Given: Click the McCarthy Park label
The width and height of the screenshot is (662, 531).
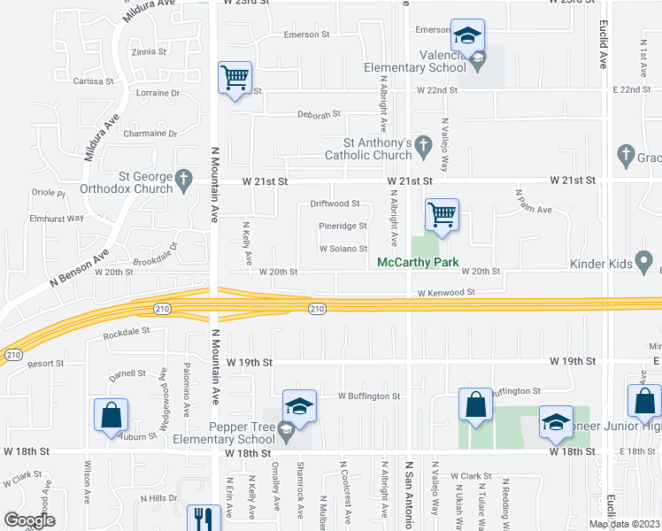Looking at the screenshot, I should click(x=418, y=263).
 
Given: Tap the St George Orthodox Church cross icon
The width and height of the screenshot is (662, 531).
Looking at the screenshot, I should click(x=184, y=180).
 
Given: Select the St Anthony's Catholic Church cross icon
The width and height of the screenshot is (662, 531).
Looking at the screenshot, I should click(x=424, y=144).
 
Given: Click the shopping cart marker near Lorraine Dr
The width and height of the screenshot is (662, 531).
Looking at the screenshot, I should click(x=235, y=78).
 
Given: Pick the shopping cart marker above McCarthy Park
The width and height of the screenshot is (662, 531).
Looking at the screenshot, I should click(x=442, y=213).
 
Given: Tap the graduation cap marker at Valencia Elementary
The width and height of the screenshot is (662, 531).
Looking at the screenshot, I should click(x=467, y=36).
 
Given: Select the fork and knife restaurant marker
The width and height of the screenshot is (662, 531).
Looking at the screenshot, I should click(x=204, y=518).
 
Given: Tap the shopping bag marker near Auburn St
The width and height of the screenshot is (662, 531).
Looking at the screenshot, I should click(x=112, y=415).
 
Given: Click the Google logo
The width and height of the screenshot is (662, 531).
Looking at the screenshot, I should click(x=29, y=519).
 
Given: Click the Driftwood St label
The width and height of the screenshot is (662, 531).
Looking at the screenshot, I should click(x=335, y=204).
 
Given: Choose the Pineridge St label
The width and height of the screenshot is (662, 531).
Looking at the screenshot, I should click(x=343, y=226).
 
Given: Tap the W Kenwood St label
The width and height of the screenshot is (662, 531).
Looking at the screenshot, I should click(x=446, y=292).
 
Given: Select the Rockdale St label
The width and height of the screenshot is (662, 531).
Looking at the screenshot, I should click(x=127, y=335).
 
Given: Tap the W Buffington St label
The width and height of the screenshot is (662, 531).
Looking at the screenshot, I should click(x=370, y=396).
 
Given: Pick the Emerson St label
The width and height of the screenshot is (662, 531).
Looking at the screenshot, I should click(x=306, y=35).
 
